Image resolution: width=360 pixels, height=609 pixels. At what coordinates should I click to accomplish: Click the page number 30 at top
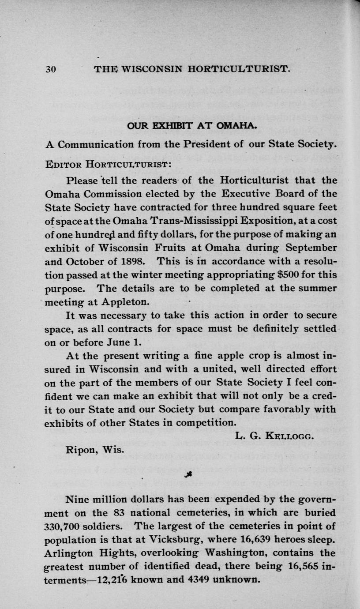tap(51, 69)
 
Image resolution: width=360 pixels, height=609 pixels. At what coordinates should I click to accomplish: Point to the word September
tap(309, 247)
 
